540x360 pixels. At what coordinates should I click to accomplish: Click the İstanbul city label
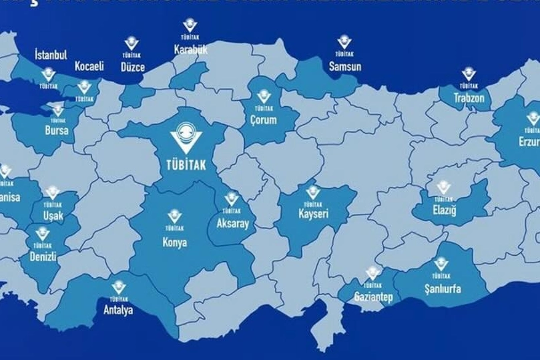51,55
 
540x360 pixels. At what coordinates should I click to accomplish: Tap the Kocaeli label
89,67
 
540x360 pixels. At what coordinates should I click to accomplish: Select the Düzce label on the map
133,67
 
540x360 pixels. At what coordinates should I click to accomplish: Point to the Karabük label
191,49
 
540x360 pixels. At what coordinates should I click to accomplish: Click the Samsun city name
345,66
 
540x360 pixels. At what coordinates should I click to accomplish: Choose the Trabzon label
469,98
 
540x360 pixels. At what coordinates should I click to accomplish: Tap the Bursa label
57,131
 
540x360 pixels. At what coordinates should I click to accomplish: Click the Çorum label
264,121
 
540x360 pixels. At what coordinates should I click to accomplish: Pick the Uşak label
53,216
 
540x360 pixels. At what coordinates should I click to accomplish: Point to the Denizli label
43,256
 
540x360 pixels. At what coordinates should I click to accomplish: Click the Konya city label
175,242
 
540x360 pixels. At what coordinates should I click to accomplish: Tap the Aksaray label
232,224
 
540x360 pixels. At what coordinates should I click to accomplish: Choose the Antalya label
119,310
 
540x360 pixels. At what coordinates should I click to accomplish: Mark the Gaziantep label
373,297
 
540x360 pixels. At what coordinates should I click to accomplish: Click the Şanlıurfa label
443,289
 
